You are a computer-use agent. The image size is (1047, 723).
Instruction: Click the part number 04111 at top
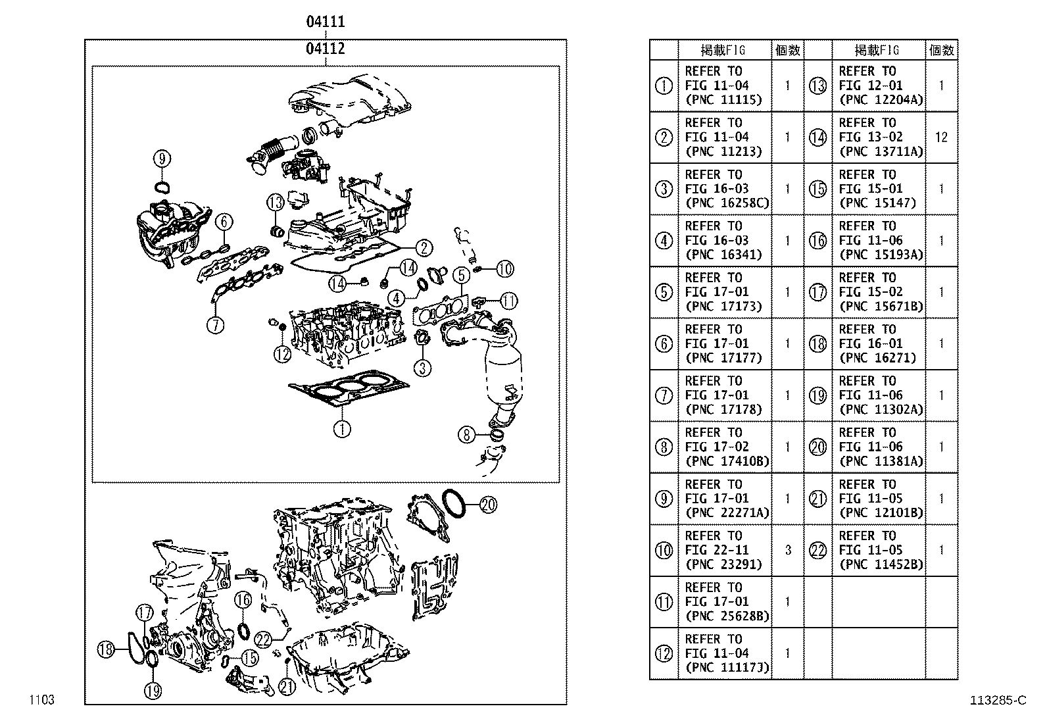[x=325, y=22]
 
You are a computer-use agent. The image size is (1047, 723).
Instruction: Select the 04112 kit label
[x=325, y=49]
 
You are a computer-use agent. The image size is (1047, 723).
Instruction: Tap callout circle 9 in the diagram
[x=162, y=159]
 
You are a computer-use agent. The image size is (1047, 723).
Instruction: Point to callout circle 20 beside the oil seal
[x=487, y=505]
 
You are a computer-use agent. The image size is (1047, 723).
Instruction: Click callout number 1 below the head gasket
[x=342, y=430]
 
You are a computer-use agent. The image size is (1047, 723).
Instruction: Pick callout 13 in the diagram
[x=276, y=201]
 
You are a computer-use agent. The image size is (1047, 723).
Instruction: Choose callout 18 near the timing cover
[x=106, y=650]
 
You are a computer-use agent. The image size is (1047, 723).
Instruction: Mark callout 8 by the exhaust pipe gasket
[x=466, y=434]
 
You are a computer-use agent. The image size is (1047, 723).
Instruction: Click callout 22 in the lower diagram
[x=263, y=639]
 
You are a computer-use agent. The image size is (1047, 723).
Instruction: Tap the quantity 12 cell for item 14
[x=941, y=137]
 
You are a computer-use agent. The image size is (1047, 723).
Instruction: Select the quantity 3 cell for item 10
[x=787, y=550]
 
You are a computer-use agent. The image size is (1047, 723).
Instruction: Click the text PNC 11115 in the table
[x=723, y=100]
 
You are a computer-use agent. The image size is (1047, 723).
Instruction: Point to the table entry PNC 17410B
[x=727, y=461]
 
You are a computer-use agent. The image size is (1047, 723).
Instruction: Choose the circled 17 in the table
[x=817, y=292]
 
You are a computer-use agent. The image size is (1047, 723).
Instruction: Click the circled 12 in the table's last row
[x=664, y=653]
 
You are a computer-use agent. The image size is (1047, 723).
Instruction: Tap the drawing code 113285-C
[x=997, y=700]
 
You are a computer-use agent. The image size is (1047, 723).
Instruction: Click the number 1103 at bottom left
[x=41, y=700]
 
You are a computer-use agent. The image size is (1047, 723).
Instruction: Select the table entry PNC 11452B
[x=881, y=564]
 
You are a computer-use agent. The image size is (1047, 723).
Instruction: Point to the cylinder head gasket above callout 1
[x=349, y=388]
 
